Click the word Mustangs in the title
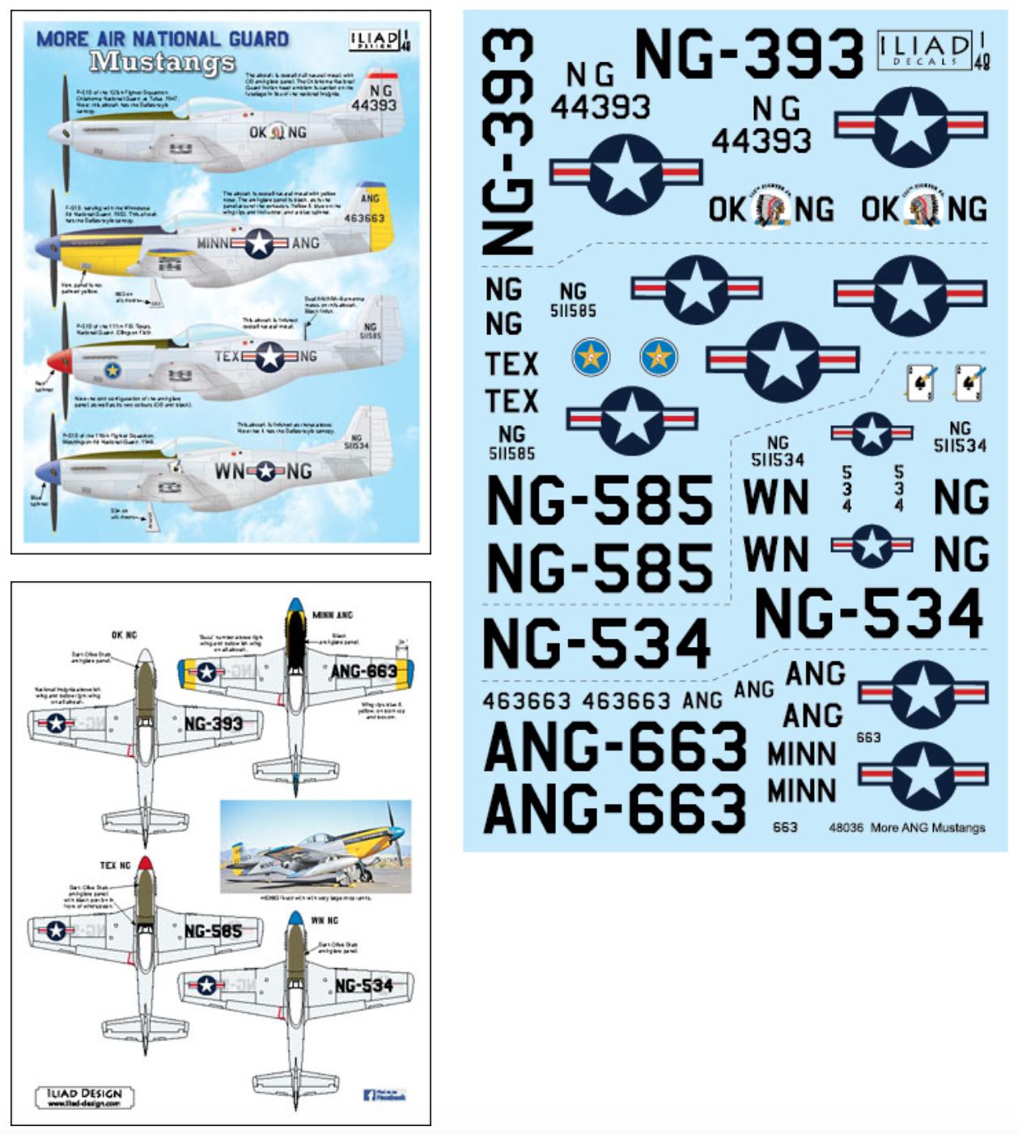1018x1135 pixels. (x=162, y=62)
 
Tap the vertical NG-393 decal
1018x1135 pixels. (x=507, y=142)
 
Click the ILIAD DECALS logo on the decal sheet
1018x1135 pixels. (x=925, y=50)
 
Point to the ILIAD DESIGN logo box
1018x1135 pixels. (x=84, y=1097)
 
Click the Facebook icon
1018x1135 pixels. (x=369, y=1095)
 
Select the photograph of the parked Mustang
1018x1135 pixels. (x=316, y=847)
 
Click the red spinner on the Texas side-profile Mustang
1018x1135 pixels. (x=59, y=360)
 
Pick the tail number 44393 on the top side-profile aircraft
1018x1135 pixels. (x=373, y=105)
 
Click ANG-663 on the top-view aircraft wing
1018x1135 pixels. (x=363, y=671)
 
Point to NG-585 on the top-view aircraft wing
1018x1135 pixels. (x=213, y=931)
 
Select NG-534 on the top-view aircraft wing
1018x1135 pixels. (x=363, y=985)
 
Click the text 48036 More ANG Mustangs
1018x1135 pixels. (x=906, y=827)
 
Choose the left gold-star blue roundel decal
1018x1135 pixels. (x=591, y=357)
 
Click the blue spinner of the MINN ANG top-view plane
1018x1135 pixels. (x=295, y=605)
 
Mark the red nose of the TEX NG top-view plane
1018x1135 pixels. (x=145, y=864)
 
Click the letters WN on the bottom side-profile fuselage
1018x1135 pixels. (x=229, y=470)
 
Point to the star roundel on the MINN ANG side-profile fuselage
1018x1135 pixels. (x=260, y=243)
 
